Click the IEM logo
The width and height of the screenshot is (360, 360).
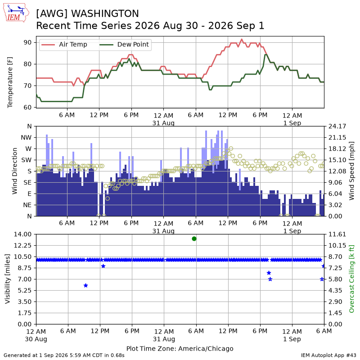(x=16, y=13)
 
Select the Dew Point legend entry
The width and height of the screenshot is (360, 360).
(x=124, y=44)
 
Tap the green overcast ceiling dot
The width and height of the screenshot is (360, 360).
(x=194, y=239)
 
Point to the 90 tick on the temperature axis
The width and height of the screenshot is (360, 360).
(x=27, y=42)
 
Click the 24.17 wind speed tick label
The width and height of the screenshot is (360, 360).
(x=337, y=126)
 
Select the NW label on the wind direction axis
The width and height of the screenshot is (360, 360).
(x=26, y=138)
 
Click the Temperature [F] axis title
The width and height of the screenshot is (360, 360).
(x=10, y=82)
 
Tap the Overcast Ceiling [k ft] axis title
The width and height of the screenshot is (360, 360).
(x=351, y=279)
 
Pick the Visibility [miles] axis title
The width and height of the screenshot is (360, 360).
(x=8, y=279)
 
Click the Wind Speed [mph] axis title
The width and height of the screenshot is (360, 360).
(x=351, y=171)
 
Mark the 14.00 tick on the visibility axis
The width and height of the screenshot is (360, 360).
(x=23, y=234)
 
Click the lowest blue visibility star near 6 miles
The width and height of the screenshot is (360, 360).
(x=85, y=286)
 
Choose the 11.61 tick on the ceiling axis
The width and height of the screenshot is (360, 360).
(x=337, y=234)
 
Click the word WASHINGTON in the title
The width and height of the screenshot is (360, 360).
(x=105, y=13)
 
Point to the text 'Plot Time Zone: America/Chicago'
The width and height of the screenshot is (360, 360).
(x=180, y=348)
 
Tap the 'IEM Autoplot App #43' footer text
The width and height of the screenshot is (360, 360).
(x=328, y=355)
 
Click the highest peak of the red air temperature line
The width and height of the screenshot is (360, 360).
(x=242, y=39)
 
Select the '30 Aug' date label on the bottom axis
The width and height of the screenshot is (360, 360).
(x=36, y=339)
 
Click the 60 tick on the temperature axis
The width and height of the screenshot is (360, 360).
(x=27, y=107)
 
